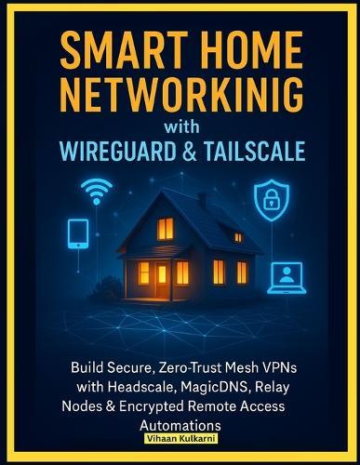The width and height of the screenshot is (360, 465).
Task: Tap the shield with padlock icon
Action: tap(271, 197)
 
